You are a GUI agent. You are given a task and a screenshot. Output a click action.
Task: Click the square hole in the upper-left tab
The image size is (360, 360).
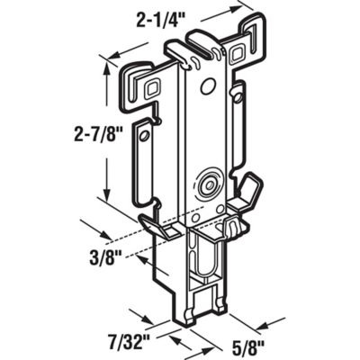[x=150, y=88]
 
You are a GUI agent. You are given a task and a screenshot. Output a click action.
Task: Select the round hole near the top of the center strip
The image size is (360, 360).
[x=209, y=87]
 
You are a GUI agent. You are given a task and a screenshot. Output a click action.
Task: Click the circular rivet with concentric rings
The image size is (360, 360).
[x=211, y=184]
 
